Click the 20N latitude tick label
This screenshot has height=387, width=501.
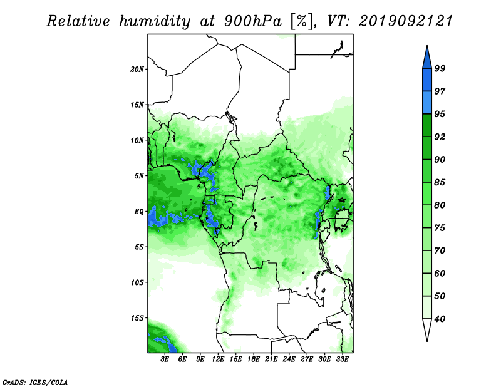(137, 70)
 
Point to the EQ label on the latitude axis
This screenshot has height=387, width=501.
(139, 212)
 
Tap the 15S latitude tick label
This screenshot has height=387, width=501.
(137, 318)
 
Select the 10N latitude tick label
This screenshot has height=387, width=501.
(137, 140)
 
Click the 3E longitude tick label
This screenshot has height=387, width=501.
(165, 359)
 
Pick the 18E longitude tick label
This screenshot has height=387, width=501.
(254, 359)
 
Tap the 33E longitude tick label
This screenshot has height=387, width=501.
(342, 359)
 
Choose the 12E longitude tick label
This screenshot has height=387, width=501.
(218, 359)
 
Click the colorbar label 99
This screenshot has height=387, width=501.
(440, 68)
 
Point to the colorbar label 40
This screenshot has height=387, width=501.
(440, 319)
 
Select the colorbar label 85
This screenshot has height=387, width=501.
(440, 182)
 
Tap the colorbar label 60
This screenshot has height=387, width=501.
(440, 274)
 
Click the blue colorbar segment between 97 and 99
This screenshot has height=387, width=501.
(427, 80)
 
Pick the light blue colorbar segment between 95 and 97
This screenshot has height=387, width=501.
(427, 103)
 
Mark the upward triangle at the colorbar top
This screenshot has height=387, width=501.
(427, 58)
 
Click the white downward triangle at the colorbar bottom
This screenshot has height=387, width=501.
(427, 329)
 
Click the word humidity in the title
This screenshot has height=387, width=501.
(155, 21)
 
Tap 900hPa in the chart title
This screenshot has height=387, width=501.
(253, 21)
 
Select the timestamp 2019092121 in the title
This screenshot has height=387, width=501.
(406, 21)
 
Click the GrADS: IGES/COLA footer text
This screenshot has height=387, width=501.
(35, 382)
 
